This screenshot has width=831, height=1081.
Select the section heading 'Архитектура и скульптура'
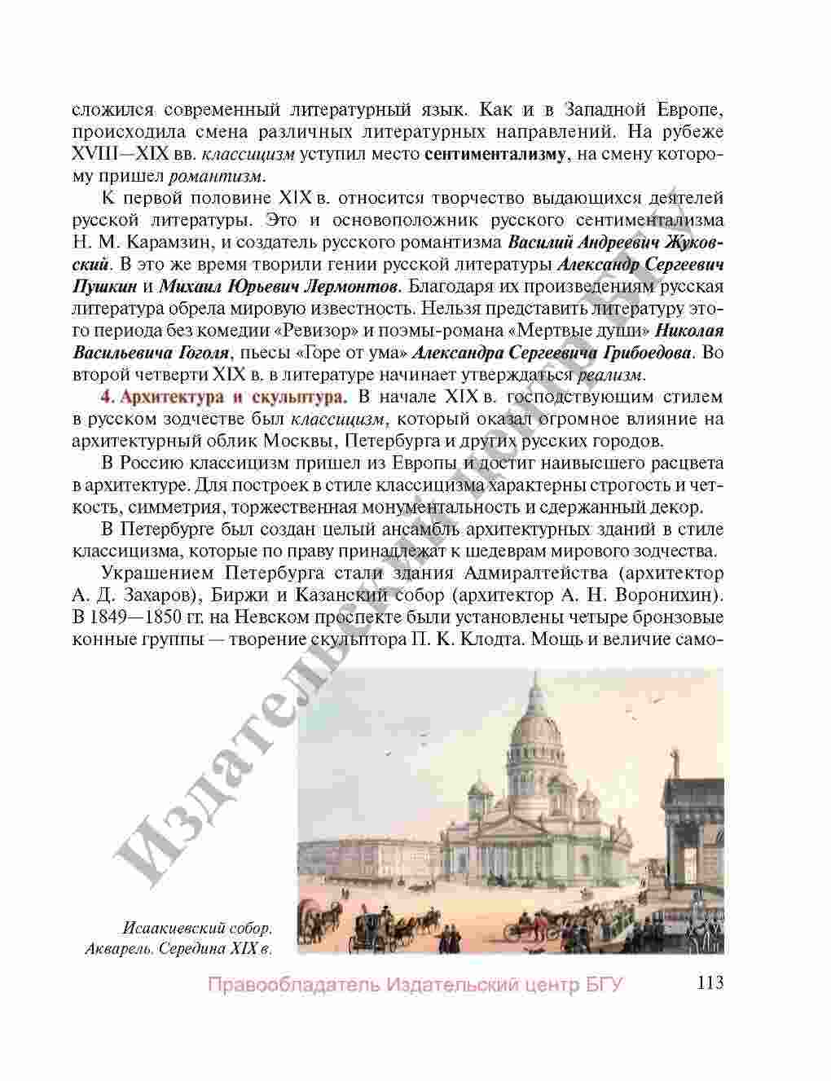[234, 398]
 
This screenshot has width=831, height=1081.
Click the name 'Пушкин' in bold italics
[105, 287]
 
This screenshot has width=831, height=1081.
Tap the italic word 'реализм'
[611, 375]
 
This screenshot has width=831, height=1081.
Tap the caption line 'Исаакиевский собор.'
[196, 928]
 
